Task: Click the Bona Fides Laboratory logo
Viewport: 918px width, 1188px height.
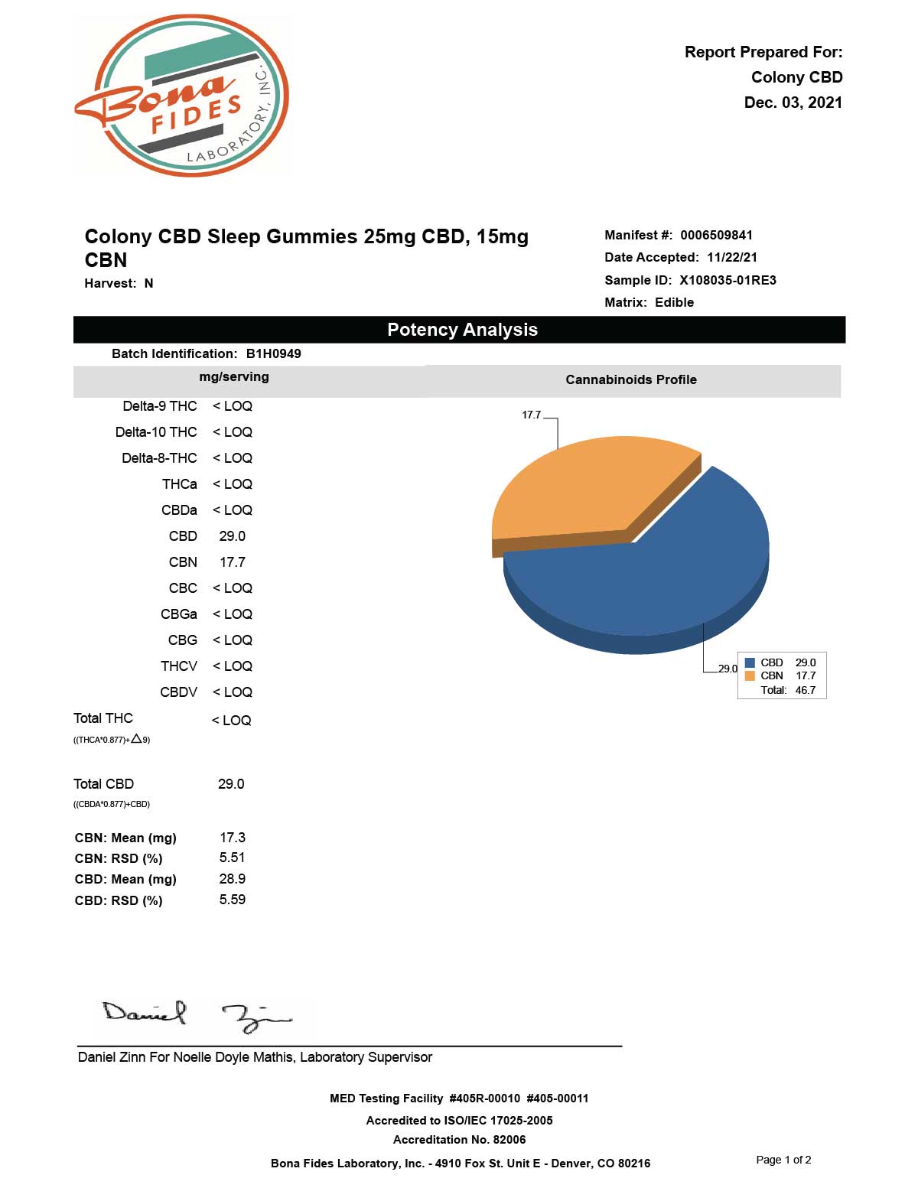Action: click(182, 96)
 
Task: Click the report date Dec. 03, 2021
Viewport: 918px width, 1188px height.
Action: click(793, 103)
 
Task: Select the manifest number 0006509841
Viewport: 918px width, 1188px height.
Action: click(716, 235)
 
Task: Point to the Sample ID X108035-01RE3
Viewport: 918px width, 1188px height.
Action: click(728, 280)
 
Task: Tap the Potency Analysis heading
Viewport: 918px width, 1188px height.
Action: click(462, 330)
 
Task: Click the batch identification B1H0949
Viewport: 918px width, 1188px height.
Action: click(273, 353)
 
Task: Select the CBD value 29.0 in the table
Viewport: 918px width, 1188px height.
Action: click(232, 536)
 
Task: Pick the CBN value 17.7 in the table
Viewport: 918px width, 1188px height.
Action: click(232, 562)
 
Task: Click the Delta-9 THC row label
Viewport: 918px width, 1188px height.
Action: click(160, 406)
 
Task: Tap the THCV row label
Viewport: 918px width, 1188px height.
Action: click(179, 666)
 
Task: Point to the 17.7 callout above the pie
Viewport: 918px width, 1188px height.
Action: click(531, 415)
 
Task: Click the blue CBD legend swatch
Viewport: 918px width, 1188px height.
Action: click(750, 662)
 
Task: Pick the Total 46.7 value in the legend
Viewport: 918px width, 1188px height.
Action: click(805, 690)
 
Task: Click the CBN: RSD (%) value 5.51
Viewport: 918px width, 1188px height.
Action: click(232, 858)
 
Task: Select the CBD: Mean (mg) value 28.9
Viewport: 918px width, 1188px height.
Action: click(232, 879)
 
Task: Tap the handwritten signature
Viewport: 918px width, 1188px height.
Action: click(197, 1016)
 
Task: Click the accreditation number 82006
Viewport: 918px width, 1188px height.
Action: click(509, 1140)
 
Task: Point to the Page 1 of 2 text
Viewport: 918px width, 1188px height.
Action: click(783, 1160)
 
